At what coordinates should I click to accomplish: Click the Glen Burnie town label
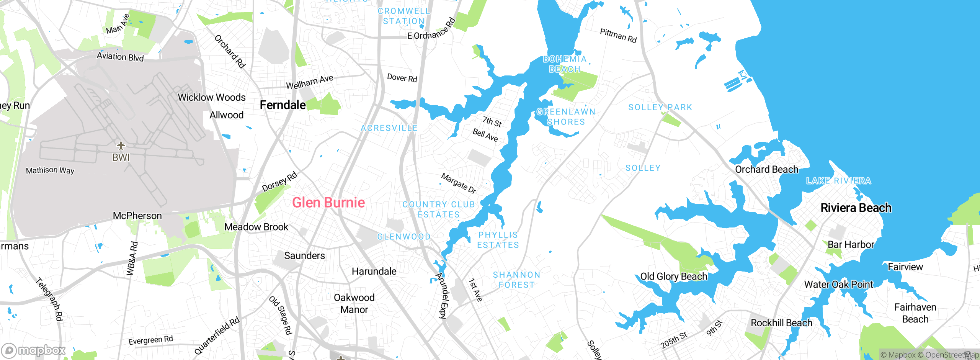click(328, 203)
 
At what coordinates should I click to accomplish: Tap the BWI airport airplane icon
click(121, 146)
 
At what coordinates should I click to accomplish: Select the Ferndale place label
click(283, 105)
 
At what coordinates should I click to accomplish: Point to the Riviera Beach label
click(856, 208)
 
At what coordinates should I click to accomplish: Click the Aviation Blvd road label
click(120, 57)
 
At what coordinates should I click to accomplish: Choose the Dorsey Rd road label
click(279, 182)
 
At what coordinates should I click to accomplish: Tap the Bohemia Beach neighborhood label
click(565, 64)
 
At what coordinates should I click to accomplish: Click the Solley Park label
click(660, 107)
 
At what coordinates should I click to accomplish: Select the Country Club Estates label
click(439, 209)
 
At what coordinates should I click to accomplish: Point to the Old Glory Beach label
click(674, 277)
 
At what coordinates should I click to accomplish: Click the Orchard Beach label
click(766, 170)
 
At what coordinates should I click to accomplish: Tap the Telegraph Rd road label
click(49, 299)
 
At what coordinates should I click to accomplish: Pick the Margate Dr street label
click(459, 183)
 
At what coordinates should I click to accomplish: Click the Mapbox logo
click(34, 350)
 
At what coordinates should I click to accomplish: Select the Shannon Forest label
click(516, 280)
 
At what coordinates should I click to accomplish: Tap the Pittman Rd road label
click(618, 36)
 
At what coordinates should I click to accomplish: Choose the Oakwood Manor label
click(354, 303)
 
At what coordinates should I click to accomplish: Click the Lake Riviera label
click(838, 181)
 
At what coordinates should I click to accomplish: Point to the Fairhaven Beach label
click(915, 313)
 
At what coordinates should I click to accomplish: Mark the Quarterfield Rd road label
click(217, 336)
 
